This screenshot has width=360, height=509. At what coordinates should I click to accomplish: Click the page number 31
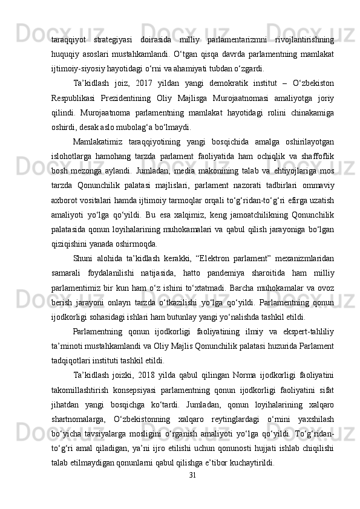point(192,491)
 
